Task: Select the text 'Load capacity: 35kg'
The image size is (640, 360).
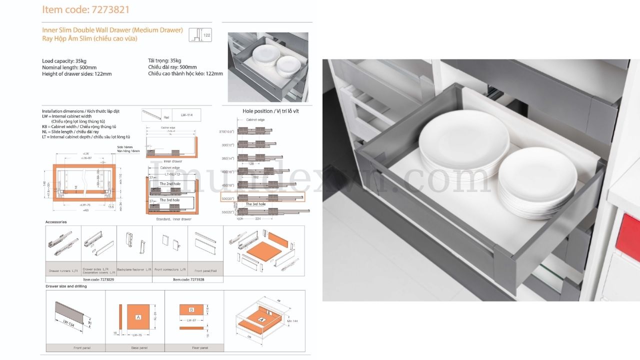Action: [64, 61]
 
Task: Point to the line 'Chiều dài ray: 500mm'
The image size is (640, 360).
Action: [172, 67]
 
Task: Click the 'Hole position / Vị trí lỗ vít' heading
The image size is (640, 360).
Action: [270, 111]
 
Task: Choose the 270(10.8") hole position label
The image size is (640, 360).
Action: [227, 131]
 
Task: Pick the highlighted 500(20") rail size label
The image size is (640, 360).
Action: [227, 198]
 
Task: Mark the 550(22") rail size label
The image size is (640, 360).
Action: [227, 212]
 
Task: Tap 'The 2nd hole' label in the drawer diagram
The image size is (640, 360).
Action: [169, 184]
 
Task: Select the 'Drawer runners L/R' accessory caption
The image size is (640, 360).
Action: [63, 270]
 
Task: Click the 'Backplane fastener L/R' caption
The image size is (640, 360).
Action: [134, 269]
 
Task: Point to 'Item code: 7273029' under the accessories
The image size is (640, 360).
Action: [98, 280]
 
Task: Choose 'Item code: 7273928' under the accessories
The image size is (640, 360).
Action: [188, 280]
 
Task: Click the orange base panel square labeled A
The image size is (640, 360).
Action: [138, 317]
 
